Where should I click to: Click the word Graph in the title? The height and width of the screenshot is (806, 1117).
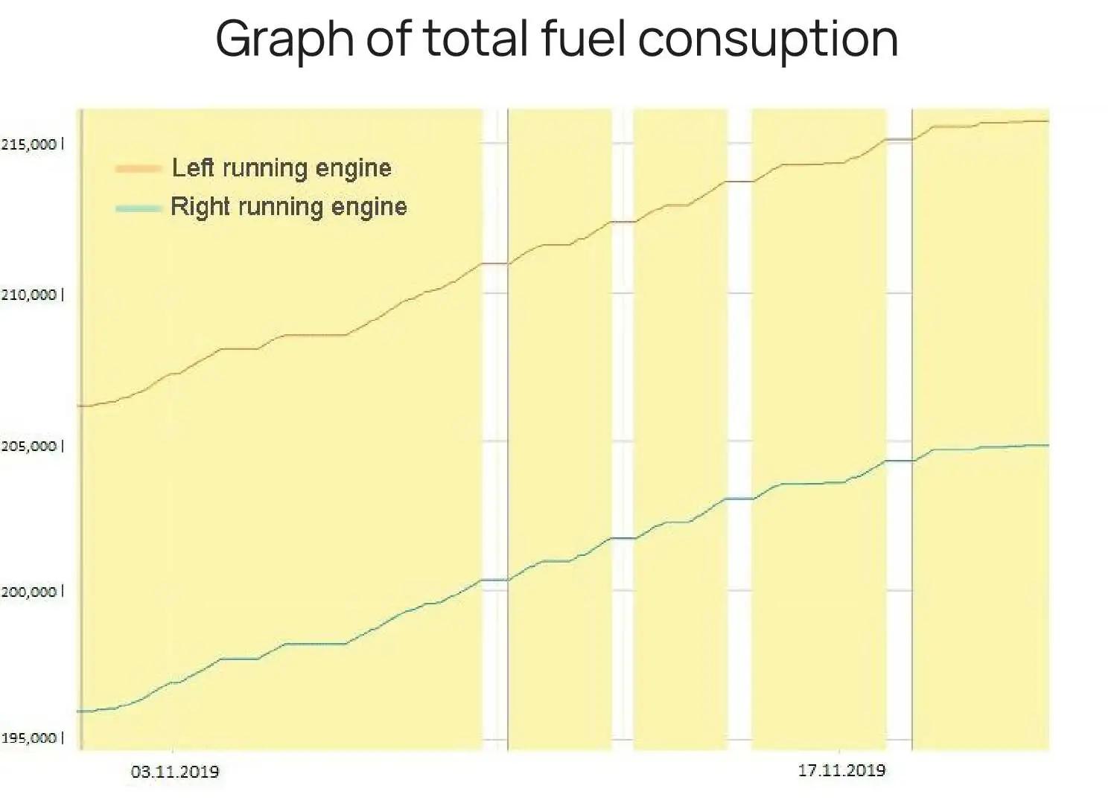(284, 39)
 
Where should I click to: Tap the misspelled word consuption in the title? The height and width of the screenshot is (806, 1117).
(768, 39)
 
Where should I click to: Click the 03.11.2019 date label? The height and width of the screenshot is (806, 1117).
(175, 772)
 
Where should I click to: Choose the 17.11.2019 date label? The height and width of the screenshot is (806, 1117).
(841, 770)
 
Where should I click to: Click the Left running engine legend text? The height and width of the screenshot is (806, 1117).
(281, 168)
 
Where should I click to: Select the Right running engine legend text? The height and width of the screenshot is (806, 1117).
(289, 207)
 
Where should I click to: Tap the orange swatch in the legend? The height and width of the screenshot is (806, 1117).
(139, 169)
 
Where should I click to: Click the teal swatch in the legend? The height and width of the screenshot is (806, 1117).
(139, 208)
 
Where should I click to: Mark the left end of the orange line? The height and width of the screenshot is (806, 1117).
(79, 406)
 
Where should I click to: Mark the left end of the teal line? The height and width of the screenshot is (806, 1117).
(79, 711)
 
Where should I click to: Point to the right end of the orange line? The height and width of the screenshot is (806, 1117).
(1048, 121)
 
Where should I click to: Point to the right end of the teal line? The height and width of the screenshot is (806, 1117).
(1048, 445)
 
